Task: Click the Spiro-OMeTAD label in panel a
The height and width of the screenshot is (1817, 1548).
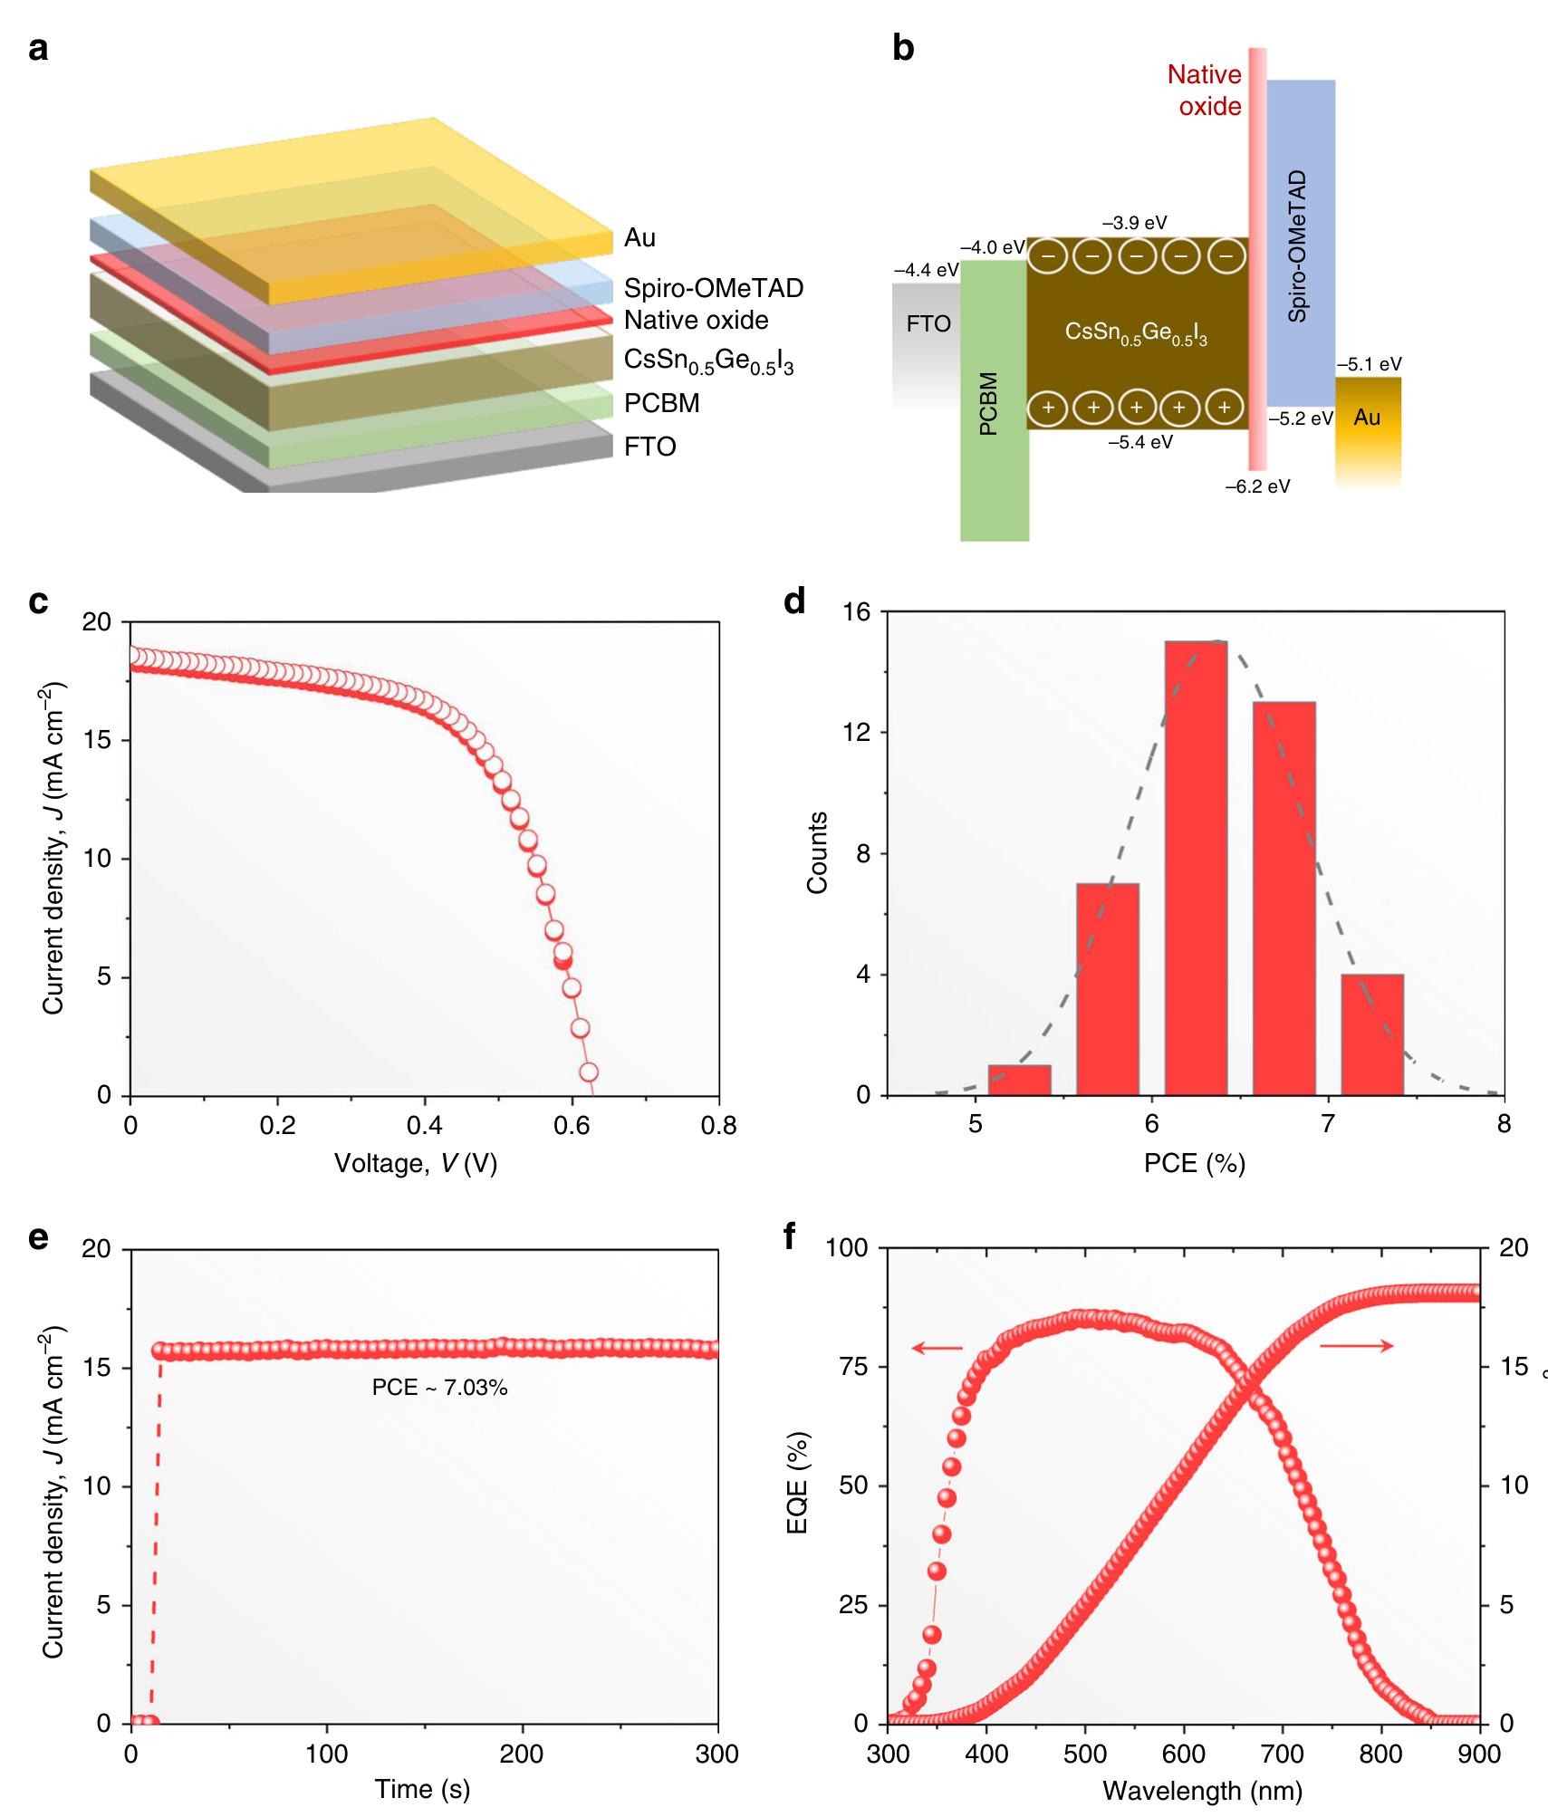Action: click(x=713, y=288)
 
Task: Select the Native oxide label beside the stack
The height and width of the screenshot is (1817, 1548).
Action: click(x=696, y=321)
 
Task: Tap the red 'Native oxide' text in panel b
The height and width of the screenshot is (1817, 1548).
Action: click(x=1204, y=91)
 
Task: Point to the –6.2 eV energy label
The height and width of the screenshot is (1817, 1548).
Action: click(x=1257, y=486)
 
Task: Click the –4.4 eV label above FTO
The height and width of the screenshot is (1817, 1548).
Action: click(x=925, y=270)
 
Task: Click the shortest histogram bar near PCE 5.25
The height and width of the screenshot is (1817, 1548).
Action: click(x=1019, y=1080)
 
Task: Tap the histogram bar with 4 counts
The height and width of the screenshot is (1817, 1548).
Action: click(x=1372, y=1034)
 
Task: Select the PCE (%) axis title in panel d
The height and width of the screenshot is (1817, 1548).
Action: click(x=1194, y=1163)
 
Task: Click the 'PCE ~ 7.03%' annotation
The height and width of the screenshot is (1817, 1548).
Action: click(x=439, y=1412)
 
